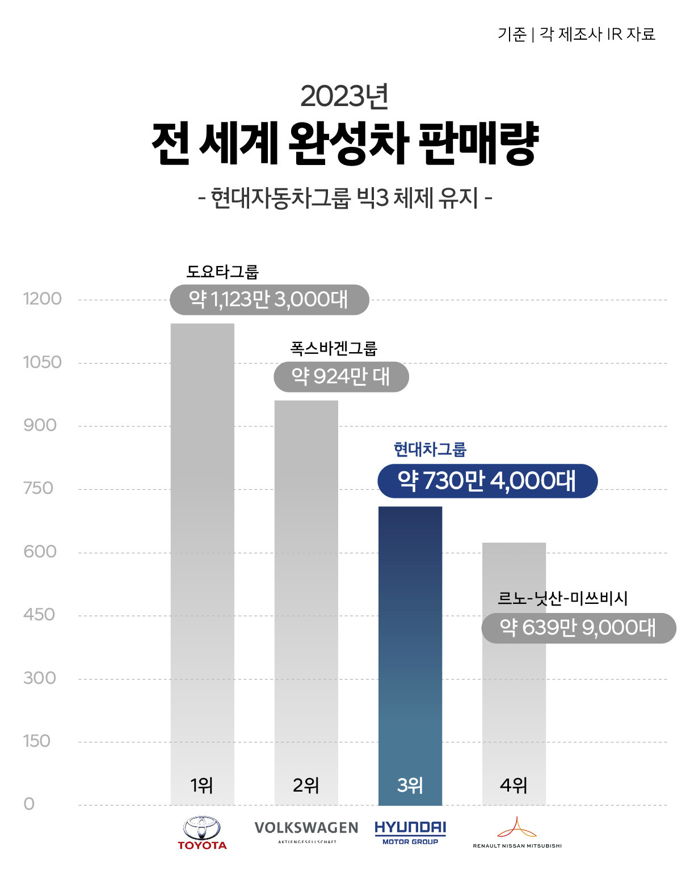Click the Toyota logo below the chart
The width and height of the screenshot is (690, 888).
202,833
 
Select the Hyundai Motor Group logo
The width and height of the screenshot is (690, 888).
410,832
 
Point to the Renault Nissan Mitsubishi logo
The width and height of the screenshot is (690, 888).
517,832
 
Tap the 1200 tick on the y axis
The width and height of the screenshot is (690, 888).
42,299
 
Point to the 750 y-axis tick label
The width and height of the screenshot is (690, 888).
38,488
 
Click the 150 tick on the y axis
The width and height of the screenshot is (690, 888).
37,741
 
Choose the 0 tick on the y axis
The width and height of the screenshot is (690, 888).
29,804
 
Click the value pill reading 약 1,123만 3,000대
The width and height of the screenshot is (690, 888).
269,299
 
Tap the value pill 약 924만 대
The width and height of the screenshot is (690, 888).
341,377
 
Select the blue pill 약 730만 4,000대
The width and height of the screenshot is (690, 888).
487,481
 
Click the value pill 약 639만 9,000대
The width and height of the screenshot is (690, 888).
578,628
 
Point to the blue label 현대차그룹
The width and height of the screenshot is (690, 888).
430,450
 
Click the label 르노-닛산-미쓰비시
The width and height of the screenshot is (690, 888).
562,598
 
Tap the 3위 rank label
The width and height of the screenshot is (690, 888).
410,785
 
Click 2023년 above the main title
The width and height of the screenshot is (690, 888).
344,96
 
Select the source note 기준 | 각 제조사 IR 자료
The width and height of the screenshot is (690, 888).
577,34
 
